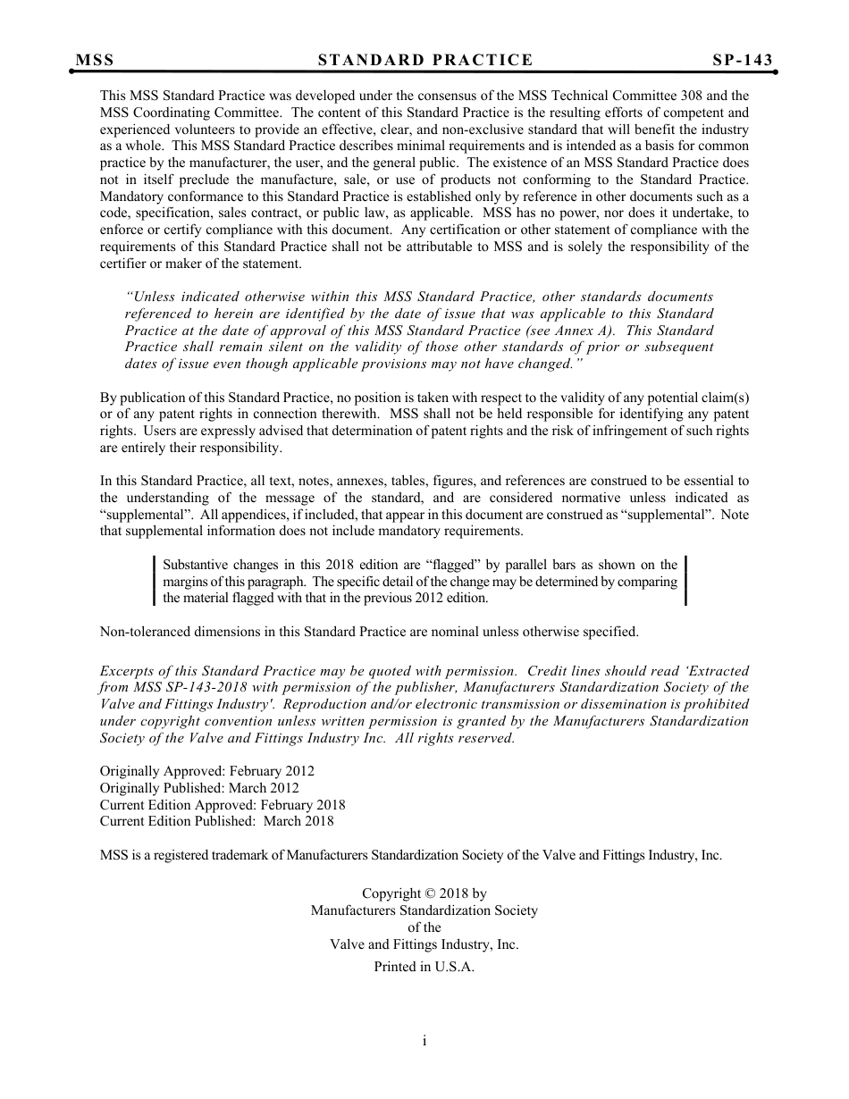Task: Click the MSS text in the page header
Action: (x=95, y=60)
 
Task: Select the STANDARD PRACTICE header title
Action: (x=425, y=60)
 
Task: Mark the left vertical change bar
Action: (x=155, y=581)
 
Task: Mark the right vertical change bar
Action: (x=685, y=581)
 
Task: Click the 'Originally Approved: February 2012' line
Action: (x=206, y=770)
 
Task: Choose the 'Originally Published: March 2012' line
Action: (x=199, y=787)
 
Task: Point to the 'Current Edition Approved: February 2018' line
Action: (x=223, y=804)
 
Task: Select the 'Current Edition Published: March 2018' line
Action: (x=216, y=821)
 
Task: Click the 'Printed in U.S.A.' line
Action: (x=424, y=967)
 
